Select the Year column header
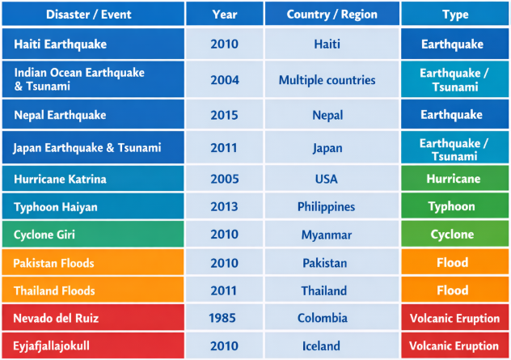[x=224, y=15]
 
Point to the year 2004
[x=224, y=80]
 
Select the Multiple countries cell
[x=327, y=80]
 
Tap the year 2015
[x=224, y=115]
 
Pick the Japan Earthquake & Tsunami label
[x=87, y=148]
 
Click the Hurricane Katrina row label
[x=60, y=179]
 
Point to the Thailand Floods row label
[x=54, y=290]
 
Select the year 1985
[x=224, y=319]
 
